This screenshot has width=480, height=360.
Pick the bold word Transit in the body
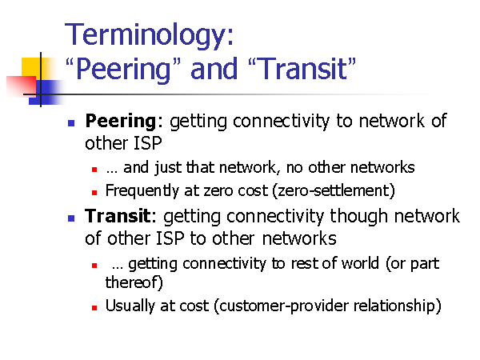pyautogui.click(x=118, y=216)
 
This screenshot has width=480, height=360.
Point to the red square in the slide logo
pyautogui.click(x=21, y=86)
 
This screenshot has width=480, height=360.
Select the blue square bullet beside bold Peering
pyautogui.click(x=71, y=123)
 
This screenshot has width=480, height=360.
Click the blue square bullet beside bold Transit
pyautogui.click(x=71, y=218)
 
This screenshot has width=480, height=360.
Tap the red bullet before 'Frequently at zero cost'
pyautogui.click(x=94, y=193)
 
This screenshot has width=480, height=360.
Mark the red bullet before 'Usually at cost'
pyautogui.click(x=94, y=308)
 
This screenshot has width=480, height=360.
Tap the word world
pyautogui.click(x=360, y=263)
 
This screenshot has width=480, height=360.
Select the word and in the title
pyautogui.click(x=214, y=68)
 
